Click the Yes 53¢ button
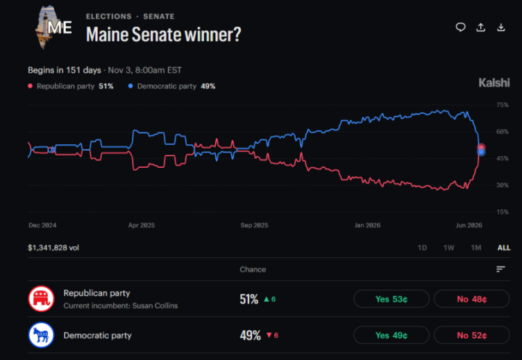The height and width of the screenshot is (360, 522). [391, 299]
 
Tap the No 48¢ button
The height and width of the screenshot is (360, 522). [472, 299]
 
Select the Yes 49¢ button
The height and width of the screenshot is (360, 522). [391, 335]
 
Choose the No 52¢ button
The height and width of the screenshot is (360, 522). [472, 335]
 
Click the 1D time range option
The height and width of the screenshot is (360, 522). [422, 248]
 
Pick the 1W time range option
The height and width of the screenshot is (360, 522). [448, 248]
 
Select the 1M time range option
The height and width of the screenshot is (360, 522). [476, 248]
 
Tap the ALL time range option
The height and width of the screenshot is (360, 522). [504, 248]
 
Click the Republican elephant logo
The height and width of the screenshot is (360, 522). [41, 299]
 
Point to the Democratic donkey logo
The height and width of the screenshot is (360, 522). [41, 335]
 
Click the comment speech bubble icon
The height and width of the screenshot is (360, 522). [460, 27]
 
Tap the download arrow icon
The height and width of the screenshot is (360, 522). [501, 27]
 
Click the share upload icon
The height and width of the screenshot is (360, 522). [481, 27]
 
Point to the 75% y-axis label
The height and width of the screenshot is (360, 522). [503, 105]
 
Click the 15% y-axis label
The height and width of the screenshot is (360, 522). [503, 212]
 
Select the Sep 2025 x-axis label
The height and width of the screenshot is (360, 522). [254, 225]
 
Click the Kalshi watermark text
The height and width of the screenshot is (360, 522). [494, 83]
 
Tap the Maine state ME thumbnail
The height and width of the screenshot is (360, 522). [53, 27]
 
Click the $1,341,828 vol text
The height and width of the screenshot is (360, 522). [53, 248]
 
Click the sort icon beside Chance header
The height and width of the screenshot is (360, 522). [500, 269]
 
